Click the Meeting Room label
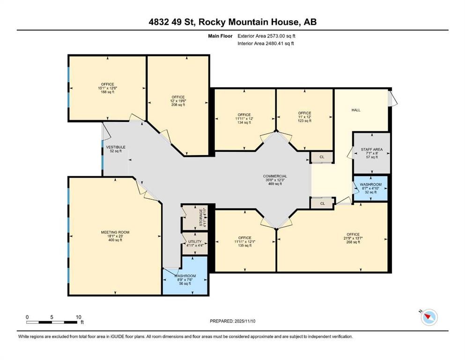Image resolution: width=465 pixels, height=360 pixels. coord(115,232)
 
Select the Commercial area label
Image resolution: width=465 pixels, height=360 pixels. coord(275,176)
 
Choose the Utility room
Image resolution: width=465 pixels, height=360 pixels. coord(194,243)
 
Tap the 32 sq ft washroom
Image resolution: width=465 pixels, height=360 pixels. coord(370,187)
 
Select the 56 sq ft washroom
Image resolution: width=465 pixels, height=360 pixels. coord(185,280)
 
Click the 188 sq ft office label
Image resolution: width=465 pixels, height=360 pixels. coord(107,88)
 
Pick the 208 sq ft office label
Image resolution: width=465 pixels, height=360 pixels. coord(177,101)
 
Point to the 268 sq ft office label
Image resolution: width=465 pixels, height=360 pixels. coord(353,238)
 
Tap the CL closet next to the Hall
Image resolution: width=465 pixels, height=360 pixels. coord(322,157)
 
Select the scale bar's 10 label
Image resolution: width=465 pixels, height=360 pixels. coord(78,317)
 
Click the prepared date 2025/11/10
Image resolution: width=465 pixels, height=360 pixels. coord(232,321)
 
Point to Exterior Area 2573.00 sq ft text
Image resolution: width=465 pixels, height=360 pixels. coord(266,36)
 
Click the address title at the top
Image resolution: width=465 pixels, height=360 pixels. coord(232,22)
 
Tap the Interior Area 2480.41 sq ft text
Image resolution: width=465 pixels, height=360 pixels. coord(266,44)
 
